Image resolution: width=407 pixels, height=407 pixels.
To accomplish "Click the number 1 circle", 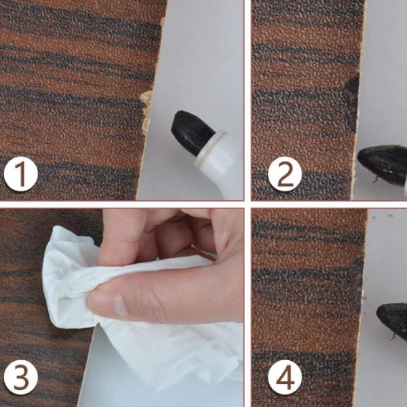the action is (x=21, y=174).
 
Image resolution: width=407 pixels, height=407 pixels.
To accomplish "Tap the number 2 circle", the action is (x=285, y=174).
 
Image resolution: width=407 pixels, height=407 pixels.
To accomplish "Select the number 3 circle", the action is (x=21, y=377).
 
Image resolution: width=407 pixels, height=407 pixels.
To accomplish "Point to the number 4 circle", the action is (x=285, y=377).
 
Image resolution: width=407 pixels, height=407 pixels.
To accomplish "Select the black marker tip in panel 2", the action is (x=381, y=164).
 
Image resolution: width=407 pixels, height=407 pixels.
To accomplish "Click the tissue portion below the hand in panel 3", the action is (x=169, y=353).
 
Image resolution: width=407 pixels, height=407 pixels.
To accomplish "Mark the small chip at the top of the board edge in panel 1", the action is (x=163, y=21).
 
